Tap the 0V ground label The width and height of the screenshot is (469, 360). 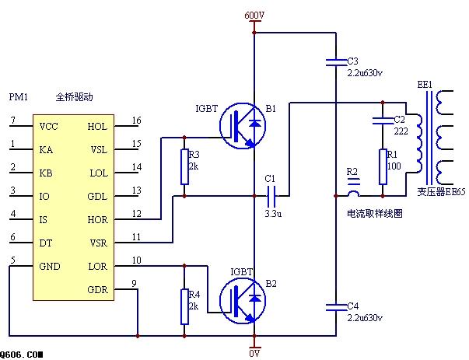click(x=254, y=353)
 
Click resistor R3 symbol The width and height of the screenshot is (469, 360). click(x=184, y=166)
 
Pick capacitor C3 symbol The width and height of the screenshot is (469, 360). click(x=334, y=60)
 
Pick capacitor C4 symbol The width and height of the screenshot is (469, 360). click(x=334, y=305)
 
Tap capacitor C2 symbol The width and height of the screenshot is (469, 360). click(x=383, y=120)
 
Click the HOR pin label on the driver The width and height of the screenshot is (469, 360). click(x=98, y=220)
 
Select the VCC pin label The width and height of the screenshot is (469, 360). click(x=48, y=127)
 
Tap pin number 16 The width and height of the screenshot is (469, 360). click(x=137, y=121)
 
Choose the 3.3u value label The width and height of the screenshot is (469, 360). click(x=272, y=213)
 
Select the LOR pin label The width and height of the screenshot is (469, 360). click(x=98, y=267)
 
